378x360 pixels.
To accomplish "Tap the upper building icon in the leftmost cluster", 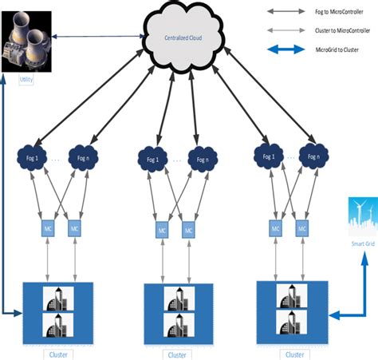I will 58,278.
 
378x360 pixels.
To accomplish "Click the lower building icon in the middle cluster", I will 179,325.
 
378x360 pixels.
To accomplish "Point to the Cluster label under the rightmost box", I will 293,352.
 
